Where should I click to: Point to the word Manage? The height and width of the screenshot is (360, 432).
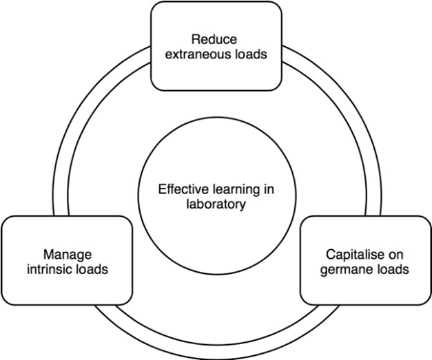(68, 253)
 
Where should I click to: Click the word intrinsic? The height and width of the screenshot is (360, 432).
(50, 269)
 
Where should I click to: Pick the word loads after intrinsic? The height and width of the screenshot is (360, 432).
(92, 269)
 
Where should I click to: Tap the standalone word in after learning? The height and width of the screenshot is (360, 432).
(260, 188)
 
